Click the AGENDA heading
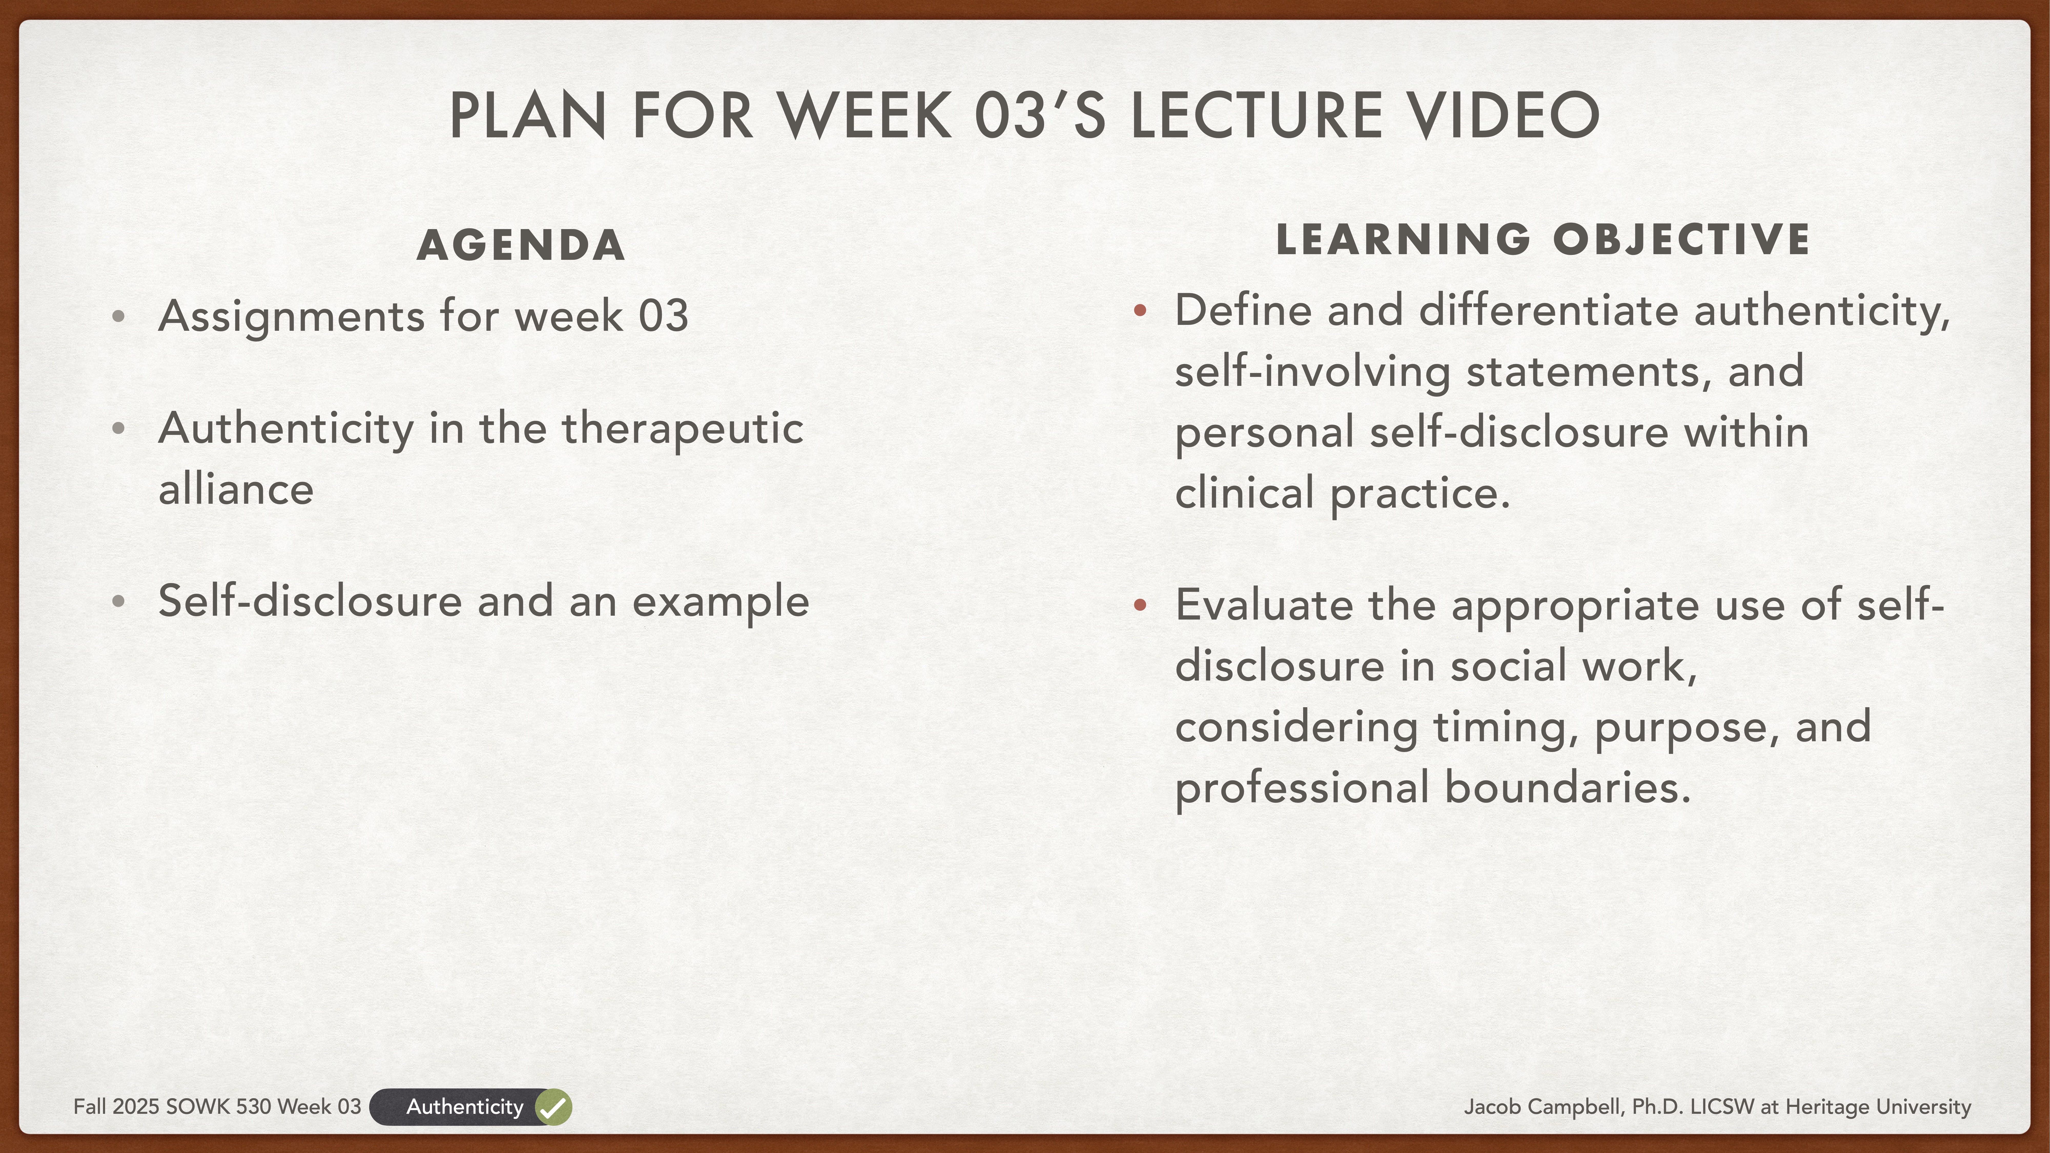(521, 245)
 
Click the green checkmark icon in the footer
(553, 1107)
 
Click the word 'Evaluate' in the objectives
(1264, 605)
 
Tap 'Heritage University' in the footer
(1878, 1107)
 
